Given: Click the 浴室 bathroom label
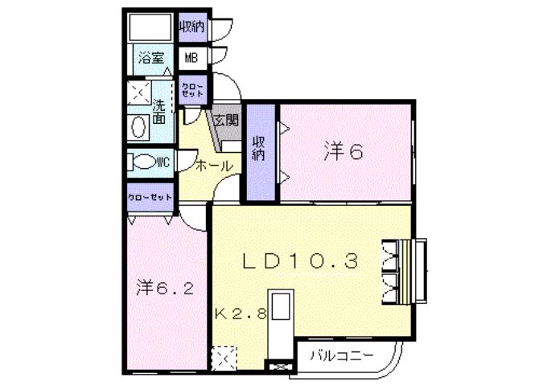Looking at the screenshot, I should (150, 58).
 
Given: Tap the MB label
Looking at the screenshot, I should (191, 58).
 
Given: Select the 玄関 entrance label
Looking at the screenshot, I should (226, 121).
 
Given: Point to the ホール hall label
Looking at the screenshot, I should (215, 166).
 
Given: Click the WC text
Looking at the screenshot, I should (163, 162).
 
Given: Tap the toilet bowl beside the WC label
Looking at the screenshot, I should (143, 162).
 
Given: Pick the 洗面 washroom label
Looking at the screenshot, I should (159, 110).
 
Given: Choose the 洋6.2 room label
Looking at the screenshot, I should (163, 287).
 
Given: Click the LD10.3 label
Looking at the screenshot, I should (300, 261).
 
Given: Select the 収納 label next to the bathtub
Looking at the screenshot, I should (191, 27).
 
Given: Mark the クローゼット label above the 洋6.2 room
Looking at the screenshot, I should (150, 197).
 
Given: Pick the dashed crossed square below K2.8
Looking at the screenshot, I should (224, 355).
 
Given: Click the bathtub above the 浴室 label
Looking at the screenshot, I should (150, 27).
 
